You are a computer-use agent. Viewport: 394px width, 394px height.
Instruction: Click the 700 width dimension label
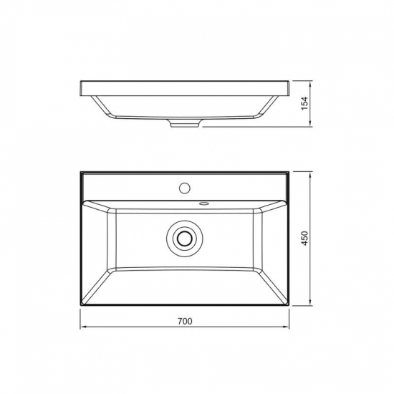185,321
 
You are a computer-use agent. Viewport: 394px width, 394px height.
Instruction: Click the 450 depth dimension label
304,239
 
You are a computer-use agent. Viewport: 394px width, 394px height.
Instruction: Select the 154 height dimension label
304,103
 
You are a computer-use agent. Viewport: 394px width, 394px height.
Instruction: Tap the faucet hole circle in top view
185,188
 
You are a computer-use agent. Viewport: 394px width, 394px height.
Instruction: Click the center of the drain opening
185,237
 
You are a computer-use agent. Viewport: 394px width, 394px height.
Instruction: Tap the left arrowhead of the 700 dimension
83,327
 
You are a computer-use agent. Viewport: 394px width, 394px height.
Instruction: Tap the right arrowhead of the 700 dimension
286,327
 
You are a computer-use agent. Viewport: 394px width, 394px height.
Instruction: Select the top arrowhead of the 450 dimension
311,175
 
